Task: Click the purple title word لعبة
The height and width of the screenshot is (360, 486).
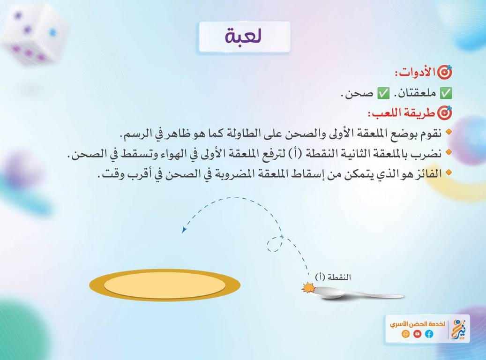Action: pos(244,36)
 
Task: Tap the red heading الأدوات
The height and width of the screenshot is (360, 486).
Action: pos(415,72)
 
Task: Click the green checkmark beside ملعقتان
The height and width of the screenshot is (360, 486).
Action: pos(446,93)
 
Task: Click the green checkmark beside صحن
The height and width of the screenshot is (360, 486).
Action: pos(383,93)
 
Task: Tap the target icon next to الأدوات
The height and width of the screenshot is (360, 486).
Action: pos(444,72)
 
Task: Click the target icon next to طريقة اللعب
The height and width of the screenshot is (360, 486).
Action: pos(444,113)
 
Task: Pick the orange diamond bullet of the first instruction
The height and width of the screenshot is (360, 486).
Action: pos(448,132)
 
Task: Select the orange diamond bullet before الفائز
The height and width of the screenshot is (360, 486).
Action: pos(448,172)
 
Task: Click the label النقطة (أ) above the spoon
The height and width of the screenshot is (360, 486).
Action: pos(333,277)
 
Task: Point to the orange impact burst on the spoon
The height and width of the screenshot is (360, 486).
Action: pos(308,288)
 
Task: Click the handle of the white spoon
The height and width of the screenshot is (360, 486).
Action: pos(375,294)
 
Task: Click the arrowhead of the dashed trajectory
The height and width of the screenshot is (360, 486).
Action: pos(184,230)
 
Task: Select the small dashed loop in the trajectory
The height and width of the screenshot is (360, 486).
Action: pos(275,244)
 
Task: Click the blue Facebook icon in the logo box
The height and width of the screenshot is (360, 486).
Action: pos(429,334)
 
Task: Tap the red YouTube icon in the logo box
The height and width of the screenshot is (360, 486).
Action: pos(417,334)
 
